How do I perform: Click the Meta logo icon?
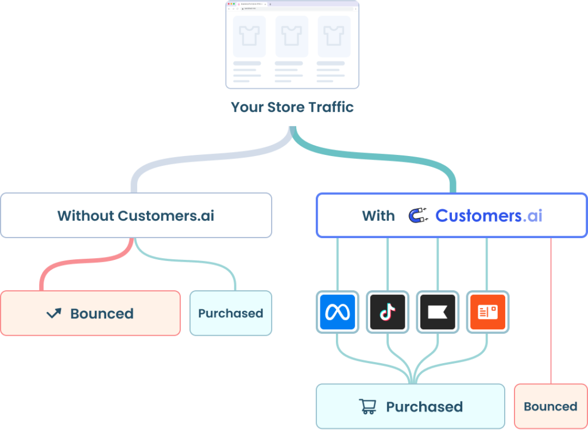(336, 313)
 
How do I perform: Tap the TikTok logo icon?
(387, 313)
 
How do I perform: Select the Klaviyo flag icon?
(438, 313)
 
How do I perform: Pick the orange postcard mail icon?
(487, 313)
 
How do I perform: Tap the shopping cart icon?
(367, 407)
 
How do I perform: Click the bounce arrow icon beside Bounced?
(54, 313)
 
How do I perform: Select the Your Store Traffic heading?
(292, 107)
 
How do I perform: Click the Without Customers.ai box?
(136, 216)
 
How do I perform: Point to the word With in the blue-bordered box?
(378, 216)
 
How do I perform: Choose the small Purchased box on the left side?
(231, 313)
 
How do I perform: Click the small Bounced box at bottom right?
(550, 407)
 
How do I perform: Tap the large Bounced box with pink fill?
(90, 313)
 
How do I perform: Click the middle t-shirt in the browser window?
(292, 36)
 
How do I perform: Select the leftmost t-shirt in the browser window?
(249, 36)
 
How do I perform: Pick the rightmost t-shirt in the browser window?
(334, 36)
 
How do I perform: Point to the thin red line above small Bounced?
(551, 310)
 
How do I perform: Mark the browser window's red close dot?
(229, 4)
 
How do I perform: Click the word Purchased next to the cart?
(424, 407)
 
